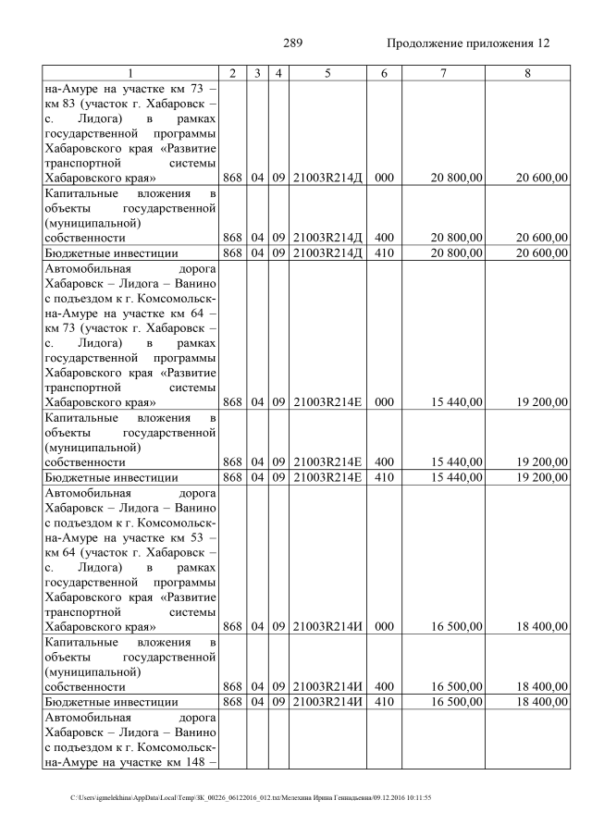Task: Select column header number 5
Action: [327, 73]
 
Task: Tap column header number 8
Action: [527, 73]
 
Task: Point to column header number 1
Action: [129, 73]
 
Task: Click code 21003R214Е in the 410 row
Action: [327, 477]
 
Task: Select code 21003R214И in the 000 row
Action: [327, 627]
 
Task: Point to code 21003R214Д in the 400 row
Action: [327, 237]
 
